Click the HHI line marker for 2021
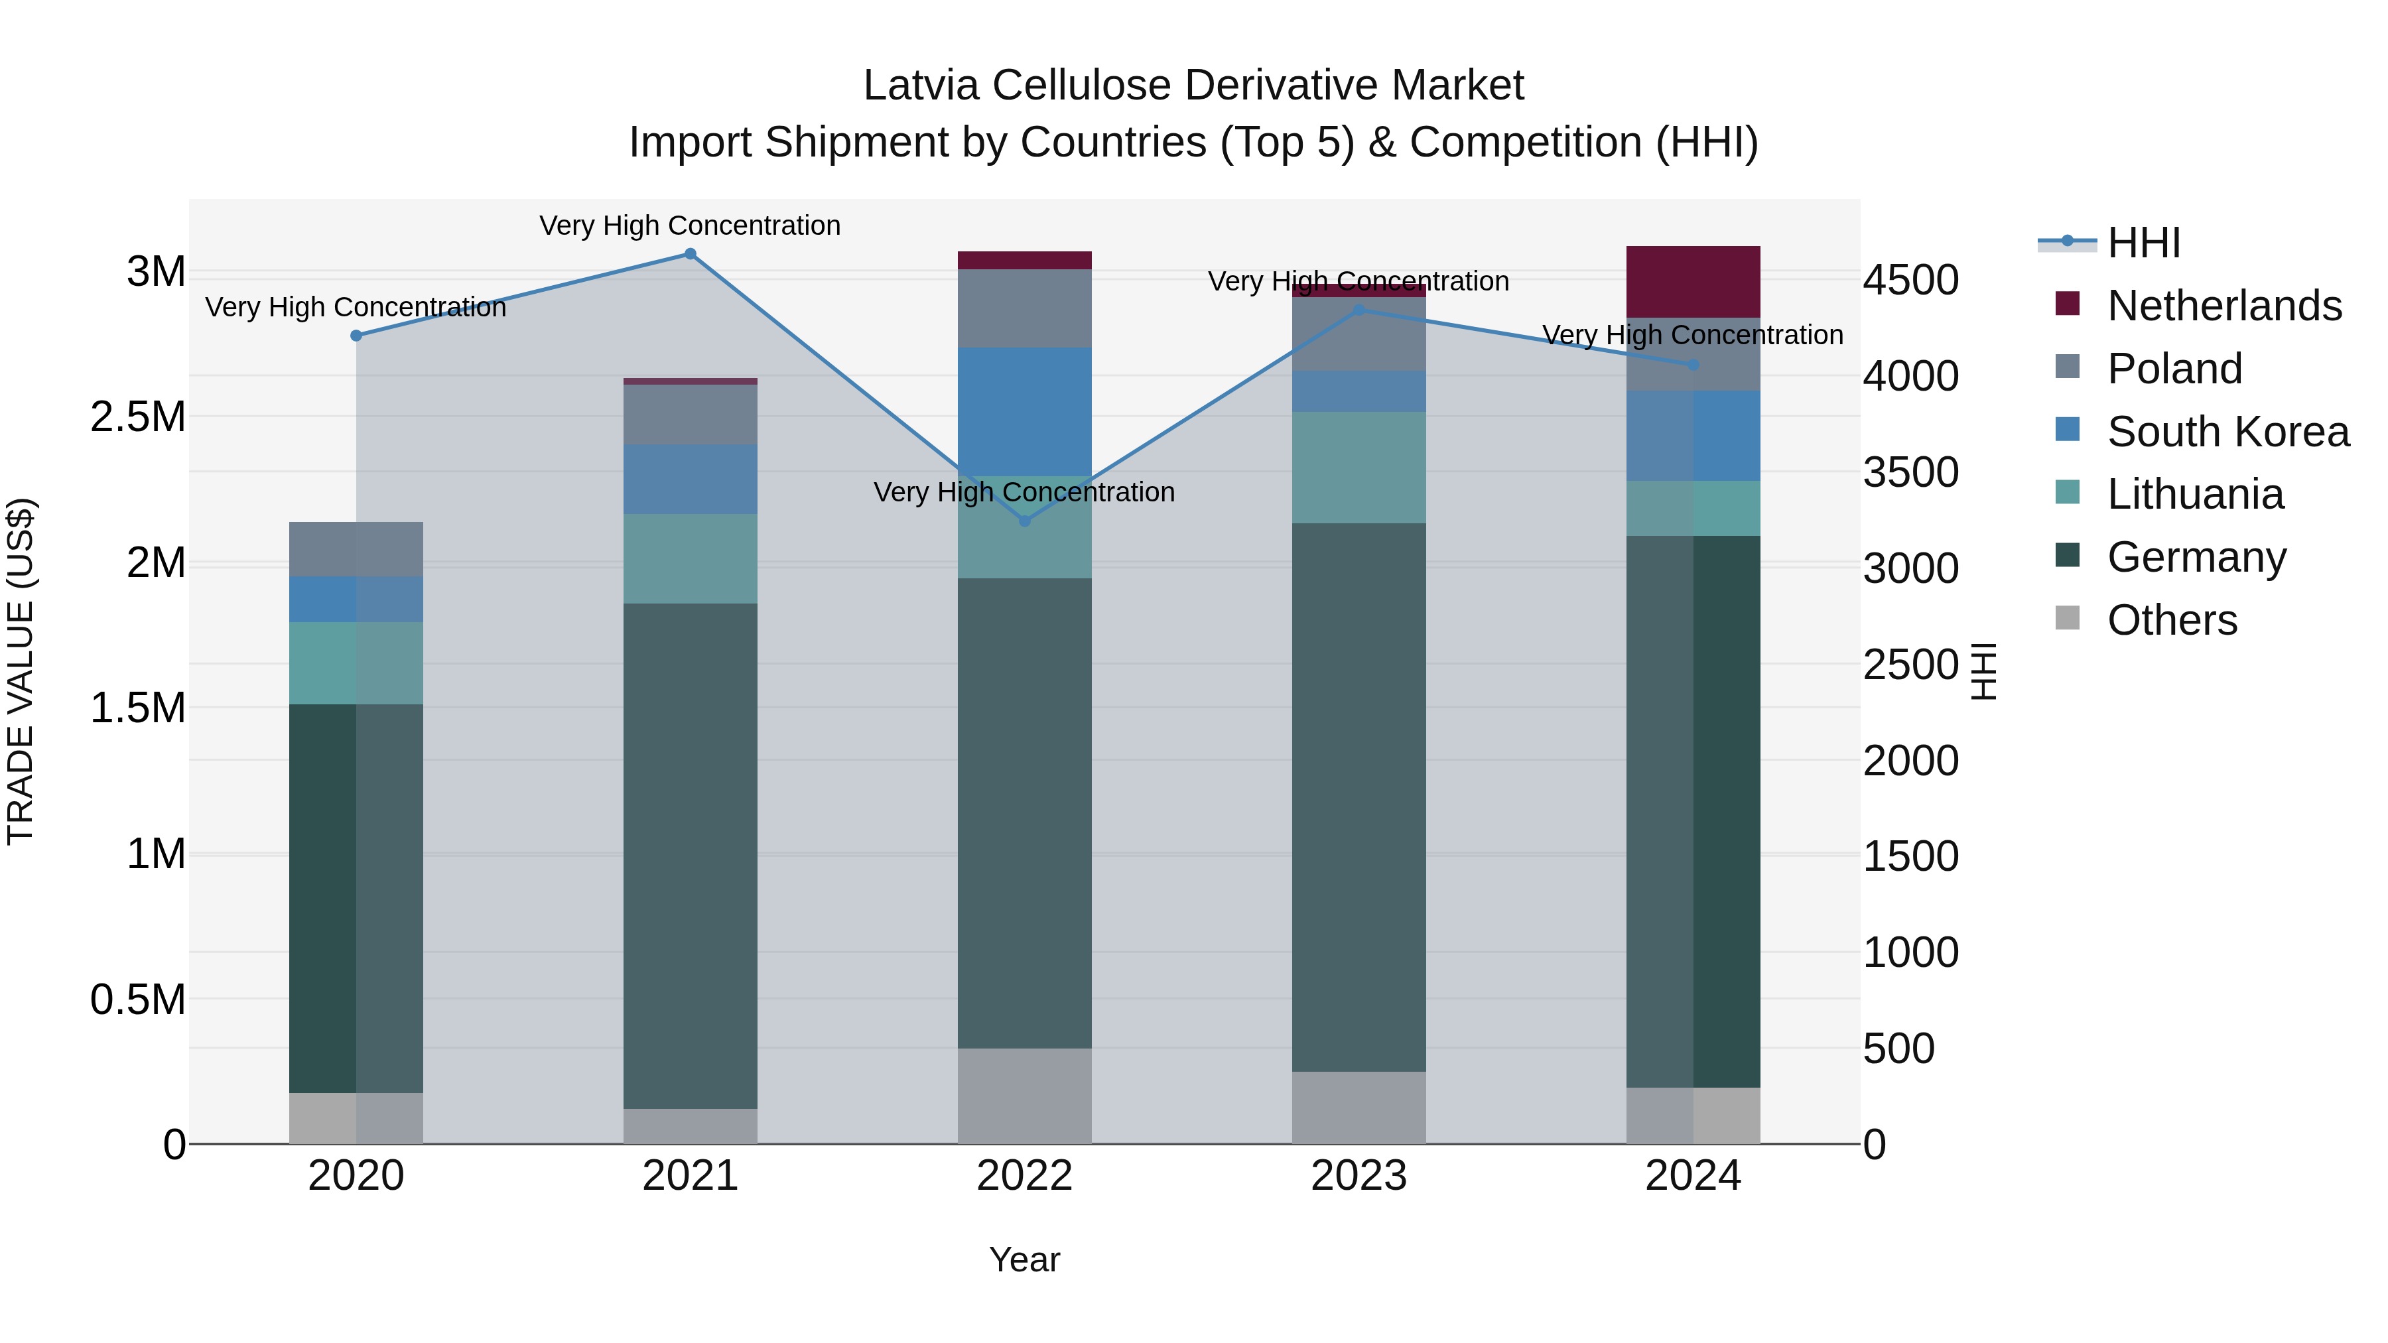click(690, 254)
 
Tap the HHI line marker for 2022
click(1024, 521)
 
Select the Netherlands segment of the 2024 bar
click(1693, 282)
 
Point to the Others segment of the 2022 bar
click(1024, 1096)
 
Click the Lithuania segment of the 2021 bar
click(690, 559)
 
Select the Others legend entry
click(2171, 620)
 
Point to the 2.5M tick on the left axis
click(137, 418)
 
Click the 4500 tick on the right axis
click(1910, 280)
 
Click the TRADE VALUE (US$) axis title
click(21, 671)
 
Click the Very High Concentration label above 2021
click(690, 225)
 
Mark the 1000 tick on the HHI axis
click(1910, 953)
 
